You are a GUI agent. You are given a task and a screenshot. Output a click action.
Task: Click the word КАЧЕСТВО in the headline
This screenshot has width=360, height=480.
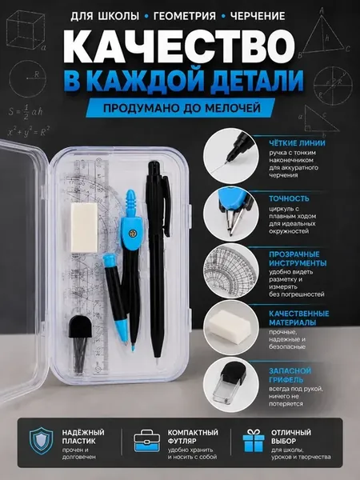coord(180,46)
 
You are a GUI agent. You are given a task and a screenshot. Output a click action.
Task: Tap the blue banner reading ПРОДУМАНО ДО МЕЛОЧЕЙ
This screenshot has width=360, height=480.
coord(181,108)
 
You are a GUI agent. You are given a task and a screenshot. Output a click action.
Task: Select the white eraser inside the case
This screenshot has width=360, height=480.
coord(84,227)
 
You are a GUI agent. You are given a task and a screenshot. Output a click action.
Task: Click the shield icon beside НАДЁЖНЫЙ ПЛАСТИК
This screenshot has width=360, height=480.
coord(42,441)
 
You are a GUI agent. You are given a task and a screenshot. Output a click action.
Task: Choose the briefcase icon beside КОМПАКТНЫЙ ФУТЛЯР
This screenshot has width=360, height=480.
coord(147,441)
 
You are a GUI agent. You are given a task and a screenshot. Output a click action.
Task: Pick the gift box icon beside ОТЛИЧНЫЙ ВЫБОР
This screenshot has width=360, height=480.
coord(254,441)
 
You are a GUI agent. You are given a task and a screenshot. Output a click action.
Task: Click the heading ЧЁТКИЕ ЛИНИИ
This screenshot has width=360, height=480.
coord(297,143)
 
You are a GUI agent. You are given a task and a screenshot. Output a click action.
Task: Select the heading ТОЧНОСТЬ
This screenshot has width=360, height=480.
coord(289,198)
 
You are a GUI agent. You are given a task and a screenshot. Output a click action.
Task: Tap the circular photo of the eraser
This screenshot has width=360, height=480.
coord(231,327)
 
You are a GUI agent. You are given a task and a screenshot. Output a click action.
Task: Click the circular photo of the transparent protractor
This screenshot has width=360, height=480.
coord(231,270)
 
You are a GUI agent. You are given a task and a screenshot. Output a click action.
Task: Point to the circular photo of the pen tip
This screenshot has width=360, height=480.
coord(231,156)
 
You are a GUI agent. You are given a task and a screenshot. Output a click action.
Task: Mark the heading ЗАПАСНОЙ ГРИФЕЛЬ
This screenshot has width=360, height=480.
coord(290,375)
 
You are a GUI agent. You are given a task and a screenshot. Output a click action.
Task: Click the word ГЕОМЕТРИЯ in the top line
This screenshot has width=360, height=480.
coord(184,16)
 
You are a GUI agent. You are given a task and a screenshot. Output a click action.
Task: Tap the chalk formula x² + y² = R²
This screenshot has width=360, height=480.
coord(29,131)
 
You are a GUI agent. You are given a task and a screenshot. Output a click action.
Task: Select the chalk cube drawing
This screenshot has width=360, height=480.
coord(26,30)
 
